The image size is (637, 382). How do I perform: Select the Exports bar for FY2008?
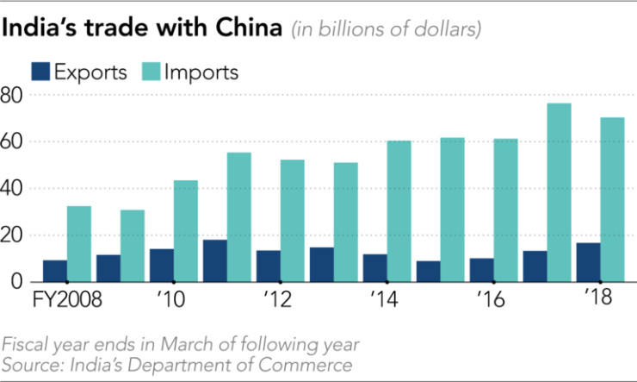point(54,271)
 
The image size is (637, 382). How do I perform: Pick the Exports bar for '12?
point(268,266)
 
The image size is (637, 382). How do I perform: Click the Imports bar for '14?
point(399,211)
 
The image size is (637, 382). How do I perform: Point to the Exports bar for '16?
point(481,270)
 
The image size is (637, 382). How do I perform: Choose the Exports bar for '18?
point(588,262)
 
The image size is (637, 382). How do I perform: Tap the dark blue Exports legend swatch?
point(40,72)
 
